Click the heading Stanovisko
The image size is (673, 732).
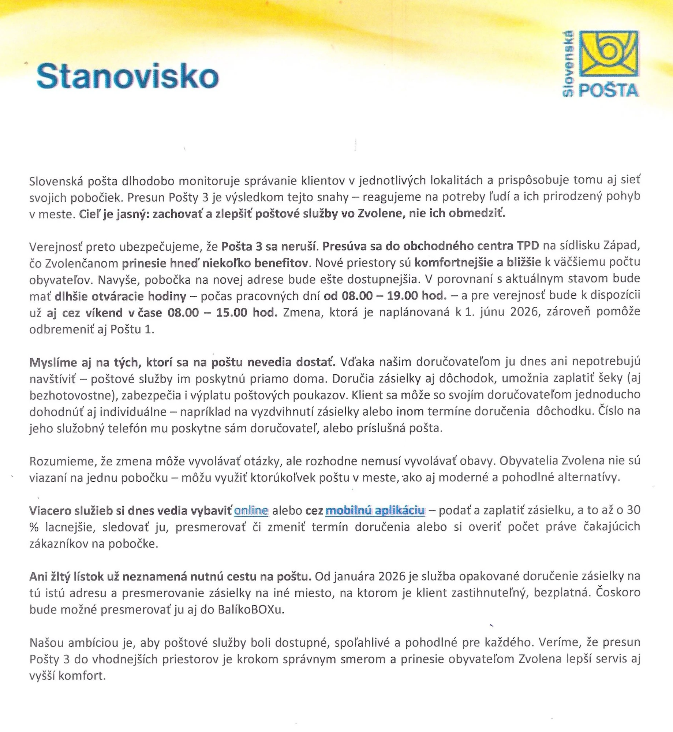[x=128, y=76]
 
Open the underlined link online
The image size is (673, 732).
[x=251, y=510]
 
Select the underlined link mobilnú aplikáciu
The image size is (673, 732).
[x=375, y=510]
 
